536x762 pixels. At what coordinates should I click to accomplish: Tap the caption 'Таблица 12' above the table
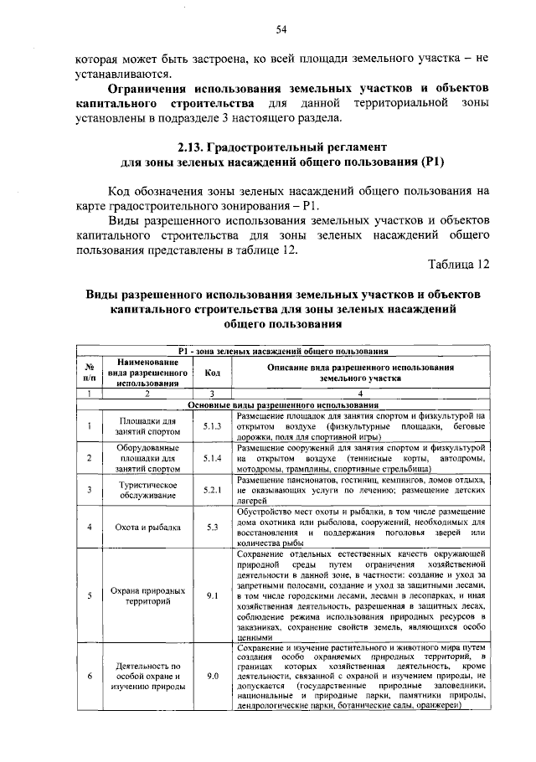(458, 265)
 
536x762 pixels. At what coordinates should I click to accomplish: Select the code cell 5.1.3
(212, 426)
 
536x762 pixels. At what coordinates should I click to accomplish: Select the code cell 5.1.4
(212, 458)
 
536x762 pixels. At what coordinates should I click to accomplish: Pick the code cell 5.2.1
(212, 490)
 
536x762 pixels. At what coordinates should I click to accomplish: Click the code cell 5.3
(212, 527)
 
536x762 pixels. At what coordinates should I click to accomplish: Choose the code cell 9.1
(212, 595)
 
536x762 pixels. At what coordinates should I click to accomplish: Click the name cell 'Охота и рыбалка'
(147, 527)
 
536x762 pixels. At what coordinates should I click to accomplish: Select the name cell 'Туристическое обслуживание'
(147, 490)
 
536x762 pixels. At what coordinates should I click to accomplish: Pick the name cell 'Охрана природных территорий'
(147, 595)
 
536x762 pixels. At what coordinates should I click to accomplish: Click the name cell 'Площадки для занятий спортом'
(147, 426)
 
